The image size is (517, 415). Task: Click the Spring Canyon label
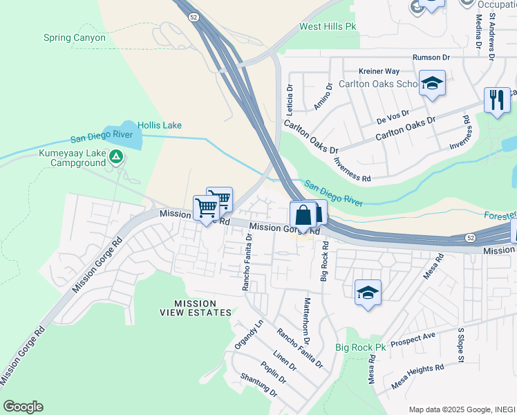click(x=75, y=37)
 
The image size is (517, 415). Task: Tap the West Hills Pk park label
click(x=328, y=27)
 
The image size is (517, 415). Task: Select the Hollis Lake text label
click(x=160, y=125)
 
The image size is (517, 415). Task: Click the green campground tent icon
click(x=116, y=158)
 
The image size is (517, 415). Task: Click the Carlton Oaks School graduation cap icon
click(x=432, y=84)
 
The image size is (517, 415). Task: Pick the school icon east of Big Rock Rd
click(x=368, y=292)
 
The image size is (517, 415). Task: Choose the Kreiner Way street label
click(x=379, y=71)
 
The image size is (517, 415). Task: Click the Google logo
click(x=23, y=407)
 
